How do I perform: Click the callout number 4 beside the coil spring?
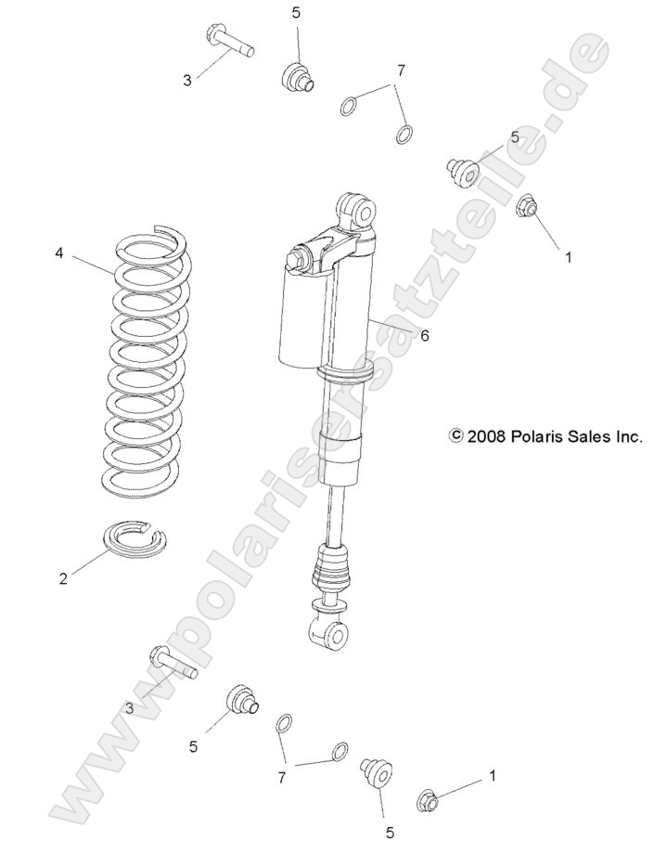pos(59,252)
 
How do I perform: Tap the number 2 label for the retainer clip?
pos(63,579)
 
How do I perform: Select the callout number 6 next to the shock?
pos(424,336)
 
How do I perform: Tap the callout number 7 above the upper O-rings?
pos(400,71)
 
